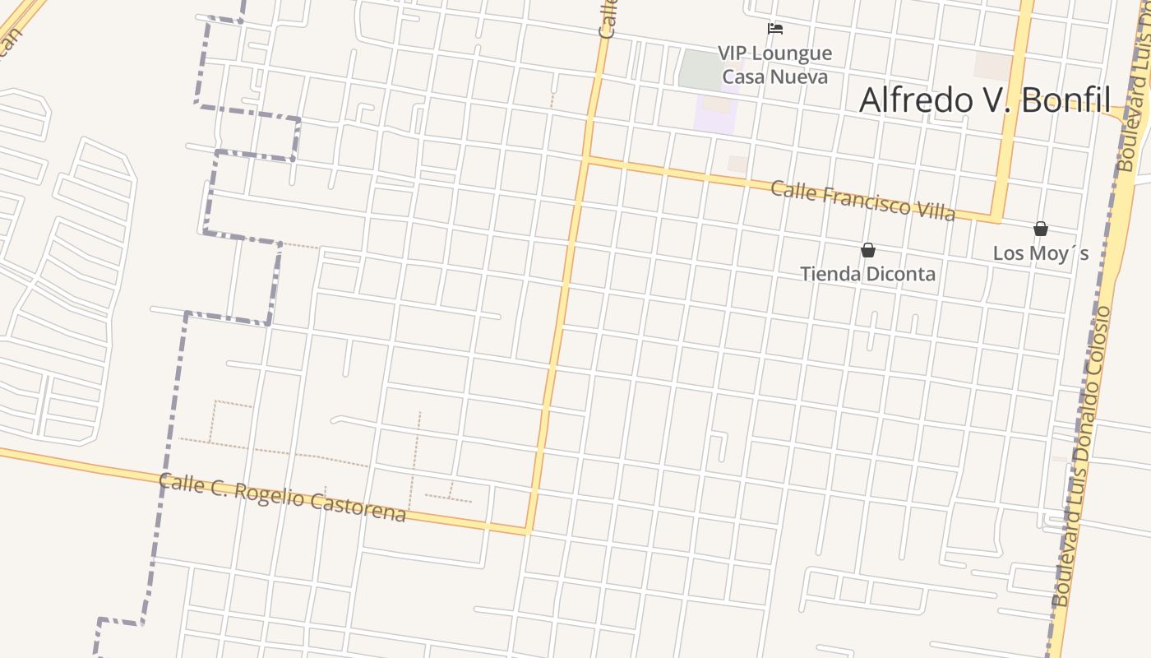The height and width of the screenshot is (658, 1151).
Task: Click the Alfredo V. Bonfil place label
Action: [x=985, y=100]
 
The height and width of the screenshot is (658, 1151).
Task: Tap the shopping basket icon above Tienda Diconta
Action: [x=867, y=249]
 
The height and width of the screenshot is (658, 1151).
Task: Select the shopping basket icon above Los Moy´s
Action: [x=1040, y=229]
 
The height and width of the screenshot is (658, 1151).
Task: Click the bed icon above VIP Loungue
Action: [x=774, y=29]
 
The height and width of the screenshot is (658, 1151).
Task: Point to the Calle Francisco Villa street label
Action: [x=862, y=201]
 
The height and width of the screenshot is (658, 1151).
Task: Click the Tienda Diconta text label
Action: [x=867, y=274]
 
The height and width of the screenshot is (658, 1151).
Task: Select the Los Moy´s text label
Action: [x=1040, y=253]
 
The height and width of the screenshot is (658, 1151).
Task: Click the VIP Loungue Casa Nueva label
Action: [x=774, y=65]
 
